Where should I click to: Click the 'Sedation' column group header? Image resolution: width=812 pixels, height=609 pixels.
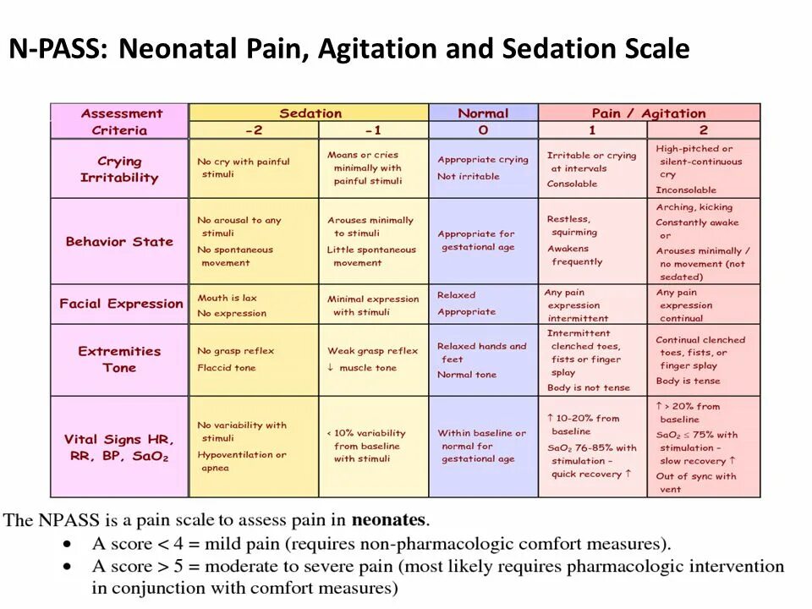pos(310,113)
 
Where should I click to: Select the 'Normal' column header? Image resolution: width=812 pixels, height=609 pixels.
pos(483,113)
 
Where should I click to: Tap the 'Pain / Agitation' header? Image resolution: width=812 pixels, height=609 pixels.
pos(649,113)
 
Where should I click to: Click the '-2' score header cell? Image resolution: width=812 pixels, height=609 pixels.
pos(254,130)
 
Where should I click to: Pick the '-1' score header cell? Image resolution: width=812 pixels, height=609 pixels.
pos(373,130)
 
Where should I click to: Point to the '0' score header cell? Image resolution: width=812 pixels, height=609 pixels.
pos(483,130)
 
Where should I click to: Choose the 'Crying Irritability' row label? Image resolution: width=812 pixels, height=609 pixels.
pos(119,169)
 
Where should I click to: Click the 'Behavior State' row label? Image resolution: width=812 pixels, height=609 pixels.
pos(119,241)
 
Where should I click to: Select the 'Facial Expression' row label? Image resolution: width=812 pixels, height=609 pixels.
pos(120,304)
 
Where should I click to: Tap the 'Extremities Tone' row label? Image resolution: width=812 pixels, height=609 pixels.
pos(119,359)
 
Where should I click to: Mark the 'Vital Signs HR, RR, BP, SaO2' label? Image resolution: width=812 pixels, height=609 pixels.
pos(119,447)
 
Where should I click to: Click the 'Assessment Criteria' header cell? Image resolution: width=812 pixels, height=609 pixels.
pos(119,122)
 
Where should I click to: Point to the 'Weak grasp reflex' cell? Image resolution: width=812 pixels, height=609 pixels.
pos(372,359)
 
